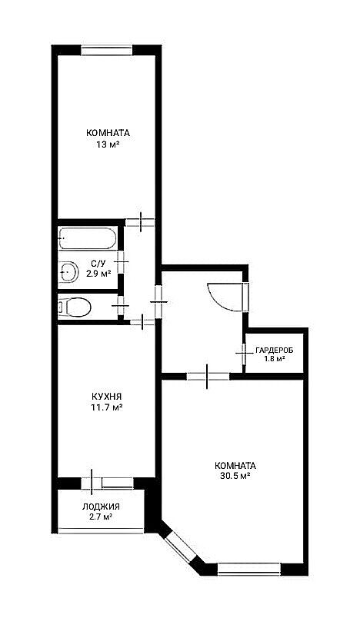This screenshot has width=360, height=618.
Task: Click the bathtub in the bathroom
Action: pyautogui.click(x=88, y=238)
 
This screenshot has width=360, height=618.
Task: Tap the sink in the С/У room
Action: pyautogui.click(x=68, y=271)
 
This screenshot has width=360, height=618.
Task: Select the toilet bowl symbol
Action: pyautogui.click(x=74, y=307)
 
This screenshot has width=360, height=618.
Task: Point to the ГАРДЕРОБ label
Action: pyautogui.click(x=274, y=350)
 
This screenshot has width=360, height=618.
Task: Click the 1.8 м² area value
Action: pyautogui.click(x=275, y=359)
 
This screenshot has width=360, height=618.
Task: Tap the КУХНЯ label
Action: pyautogui.click(x=106, y=396)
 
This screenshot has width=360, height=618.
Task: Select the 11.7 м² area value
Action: pyautogui.click(x=106, y=407)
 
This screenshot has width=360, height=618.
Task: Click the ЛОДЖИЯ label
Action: pyautogui.click(x=101, y=507)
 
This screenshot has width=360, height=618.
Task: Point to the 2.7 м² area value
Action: pyautogui.click(x=101, y=517)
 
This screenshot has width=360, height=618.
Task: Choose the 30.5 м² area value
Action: pyautogui.click(x=236, y=476)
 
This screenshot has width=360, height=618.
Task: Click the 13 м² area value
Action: pyautogui.click(x=107, y=145)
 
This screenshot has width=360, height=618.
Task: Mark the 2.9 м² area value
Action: pyautogui.click(x=98, y=273)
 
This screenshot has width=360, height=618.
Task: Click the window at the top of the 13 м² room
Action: pyautogui.click(x=106, y=50)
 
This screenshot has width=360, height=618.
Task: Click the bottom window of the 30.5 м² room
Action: pyautogui.click(x=248, y=569)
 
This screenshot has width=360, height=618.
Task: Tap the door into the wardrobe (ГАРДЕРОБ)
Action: pyautogui.click(x=243, y=353)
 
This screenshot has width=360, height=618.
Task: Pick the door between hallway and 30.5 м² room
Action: pyautogui.click(x=208, y=377)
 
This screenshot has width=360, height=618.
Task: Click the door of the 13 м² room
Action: pyautogui.click(x=140, y=222)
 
